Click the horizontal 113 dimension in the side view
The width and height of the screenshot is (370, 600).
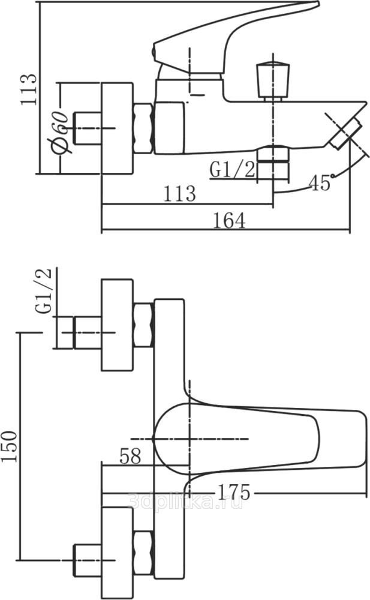(x=179, y=193)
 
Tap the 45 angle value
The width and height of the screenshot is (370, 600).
(x=321, y=183)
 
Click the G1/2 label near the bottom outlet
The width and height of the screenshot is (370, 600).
(x=233, y=170)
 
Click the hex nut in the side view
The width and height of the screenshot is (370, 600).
(x=143, y=128)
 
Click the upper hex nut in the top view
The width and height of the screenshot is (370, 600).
(x=143, y=325)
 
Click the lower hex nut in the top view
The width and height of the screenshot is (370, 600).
(x=143, y=552)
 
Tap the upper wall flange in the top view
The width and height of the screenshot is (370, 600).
(x=117, y=325)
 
